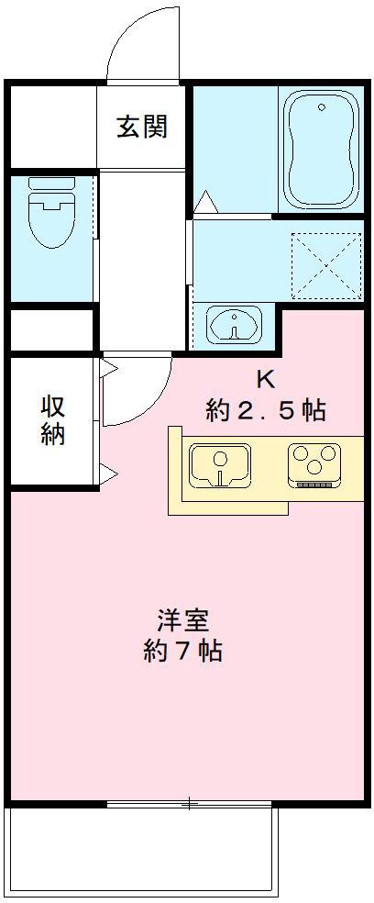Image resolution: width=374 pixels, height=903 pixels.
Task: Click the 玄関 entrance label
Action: click(x=142, y=127)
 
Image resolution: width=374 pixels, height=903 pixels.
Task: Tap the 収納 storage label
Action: click(x=53, y=420)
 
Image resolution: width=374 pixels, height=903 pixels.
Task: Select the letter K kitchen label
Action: click(x=265, y=378)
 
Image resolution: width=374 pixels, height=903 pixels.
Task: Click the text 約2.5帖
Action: click(x=265, y=410)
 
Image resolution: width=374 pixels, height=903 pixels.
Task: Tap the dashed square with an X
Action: click(x=325, y=266)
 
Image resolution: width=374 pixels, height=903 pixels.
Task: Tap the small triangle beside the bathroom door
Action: click(x=204, y=199)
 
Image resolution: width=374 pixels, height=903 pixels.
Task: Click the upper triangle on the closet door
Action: click(x=108, y=369)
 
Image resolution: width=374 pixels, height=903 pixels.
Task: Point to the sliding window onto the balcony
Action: click(x=188, y=805)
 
